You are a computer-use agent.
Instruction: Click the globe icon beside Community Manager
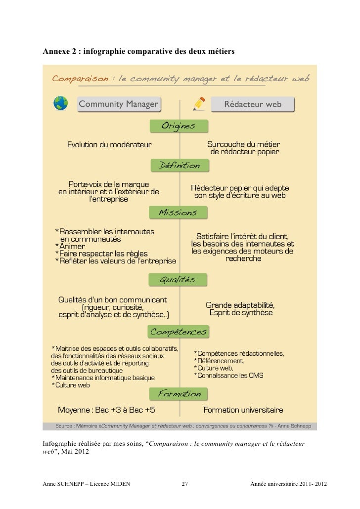(x=60, y=103)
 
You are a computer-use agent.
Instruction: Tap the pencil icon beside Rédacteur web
(x=199, y=103)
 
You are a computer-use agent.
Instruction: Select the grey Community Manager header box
(x=119, y=104)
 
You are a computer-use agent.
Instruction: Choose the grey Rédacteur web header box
(x=253, y=104)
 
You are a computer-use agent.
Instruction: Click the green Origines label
(x=179, y=127)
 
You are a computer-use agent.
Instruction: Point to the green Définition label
(x=179, y=166)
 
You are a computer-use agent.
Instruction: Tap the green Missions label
(x=178, y=213)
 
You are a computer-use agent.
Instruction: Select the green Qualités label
(x=178, y=280)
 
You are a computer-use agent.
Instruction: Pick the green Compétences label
(x=178, y=330)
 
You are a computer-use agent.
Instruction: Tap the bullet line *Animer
(x=70, y=246)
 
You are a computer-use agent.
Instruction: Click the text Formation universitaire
(x=244, y=410)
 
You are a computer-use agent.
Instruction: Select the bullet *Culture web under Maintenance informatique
(x=71, y=385)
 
